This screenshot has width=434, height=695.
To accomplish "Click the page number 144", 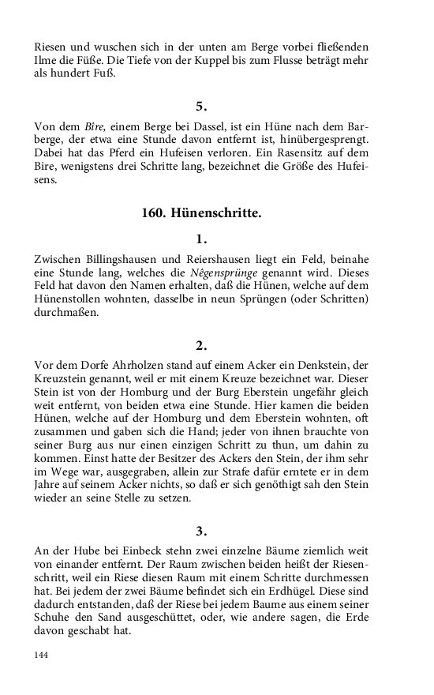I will coord(41,655).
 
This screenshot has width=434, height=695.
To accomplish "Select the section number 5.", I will coord(200,105).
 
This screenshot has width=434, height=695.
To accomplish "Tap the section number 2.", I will coord(200,344).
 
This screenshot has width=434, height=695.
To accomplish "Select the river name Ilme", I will coord(45,60).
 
